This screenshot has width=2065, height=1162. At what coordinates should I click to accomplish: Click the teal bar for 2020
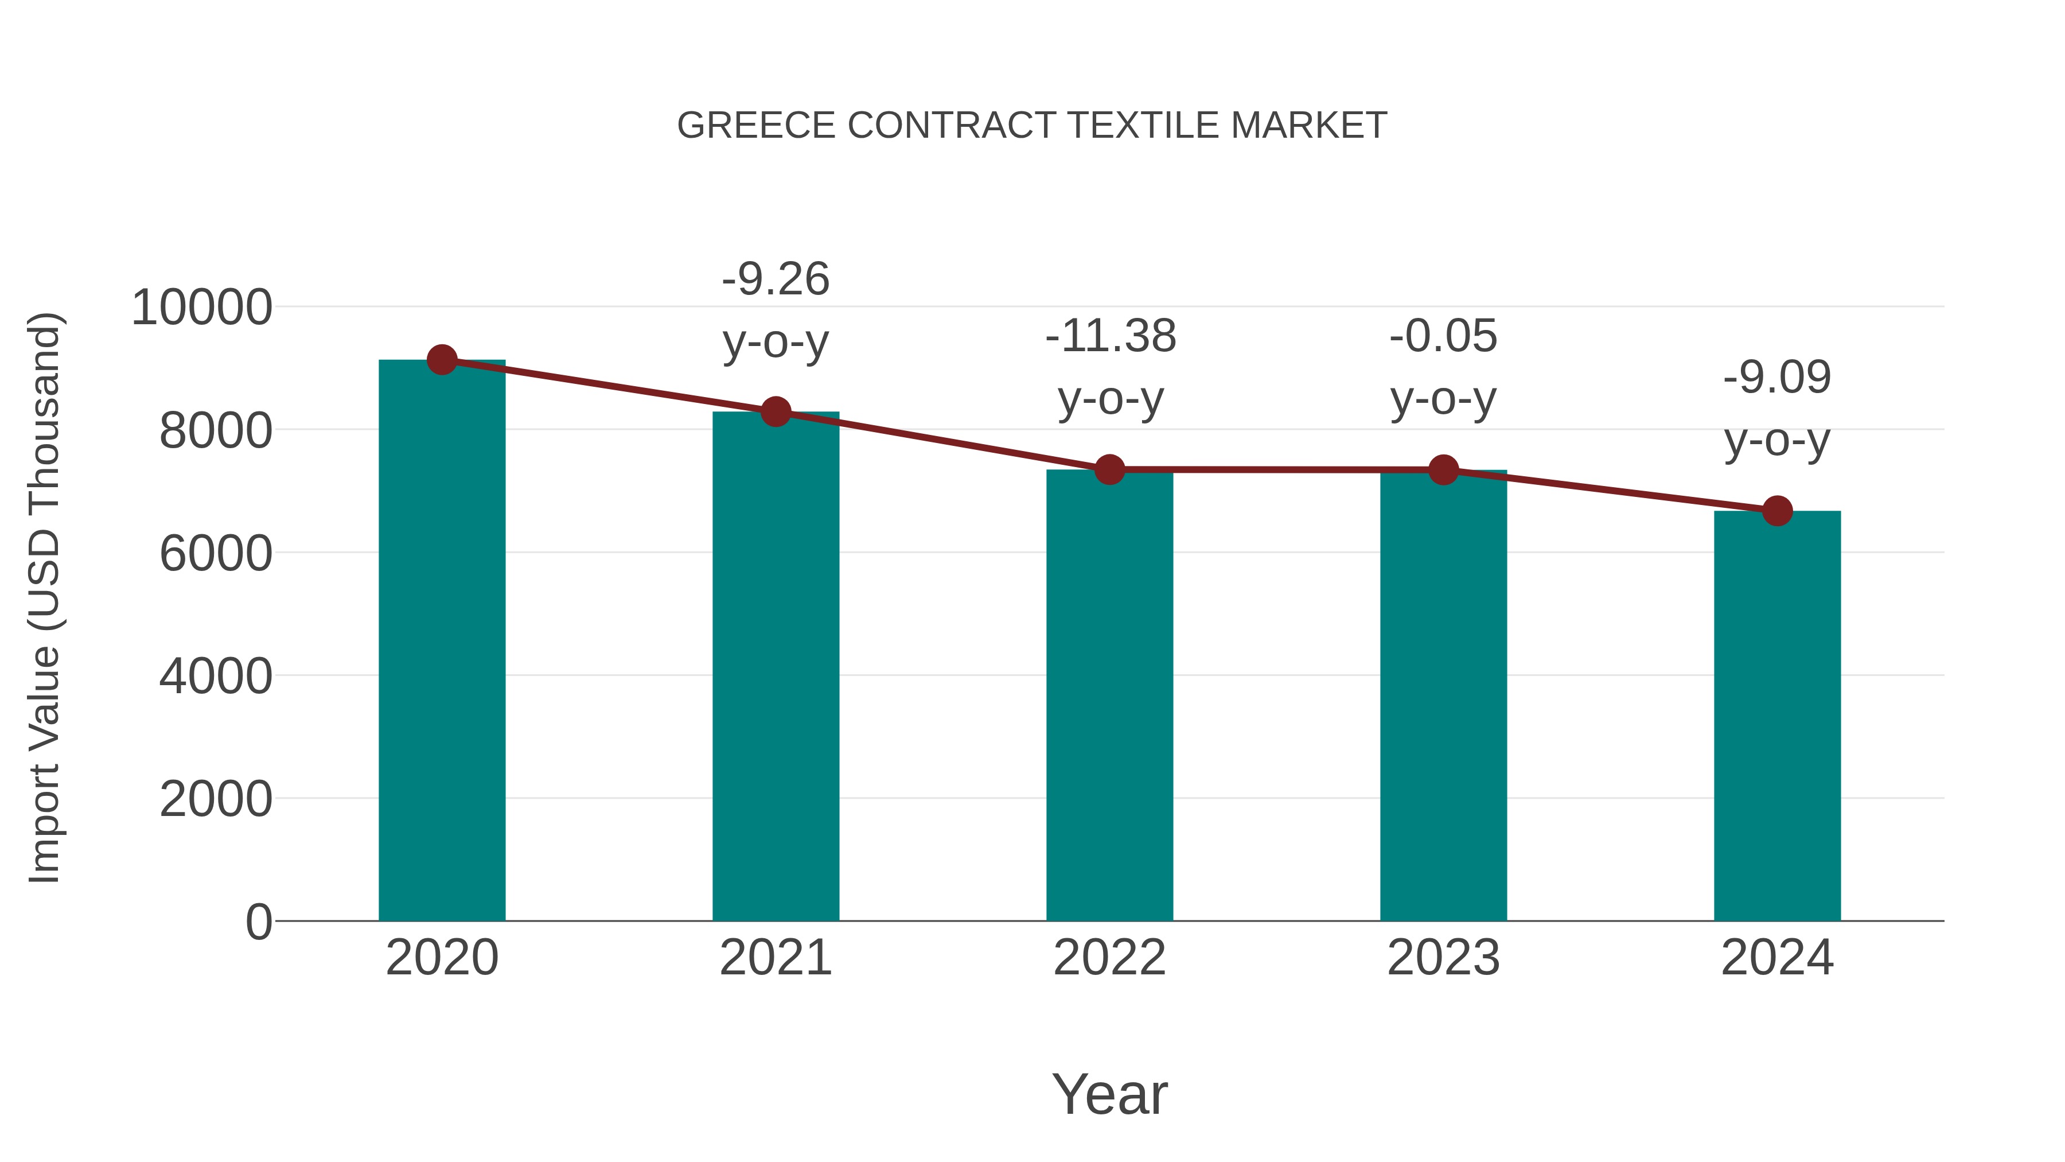[442, 642]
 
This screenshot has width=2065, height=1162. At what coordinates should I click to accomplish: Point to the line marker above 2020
[442, 360]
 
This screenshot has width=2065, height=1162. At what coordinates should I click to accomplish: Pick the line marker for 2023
[1443, 470]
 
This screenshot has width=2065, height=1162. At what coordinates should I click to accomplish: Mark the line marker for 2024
[1777, 511]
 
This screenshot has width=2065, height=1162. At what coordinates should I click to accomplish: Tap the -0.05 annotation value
[1443, 336]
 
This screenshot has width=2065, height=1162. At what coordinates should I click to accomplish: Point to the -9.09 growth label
[1777, 378]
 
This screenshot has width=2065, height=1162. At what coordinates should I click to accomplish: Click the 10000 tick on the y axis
[201, 307]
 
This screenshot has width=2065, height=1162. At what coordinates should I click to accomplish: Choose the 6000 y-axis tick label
[216, 553]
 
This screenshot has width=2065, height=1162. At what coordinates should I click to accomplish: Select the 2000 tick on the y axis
[216, 799]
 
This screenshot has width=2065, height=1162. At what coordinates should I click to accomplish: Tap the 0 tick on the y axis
[258, 922]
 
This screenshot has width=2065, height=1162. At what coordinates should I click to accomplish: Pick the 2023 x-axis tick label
[1443, 958]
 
